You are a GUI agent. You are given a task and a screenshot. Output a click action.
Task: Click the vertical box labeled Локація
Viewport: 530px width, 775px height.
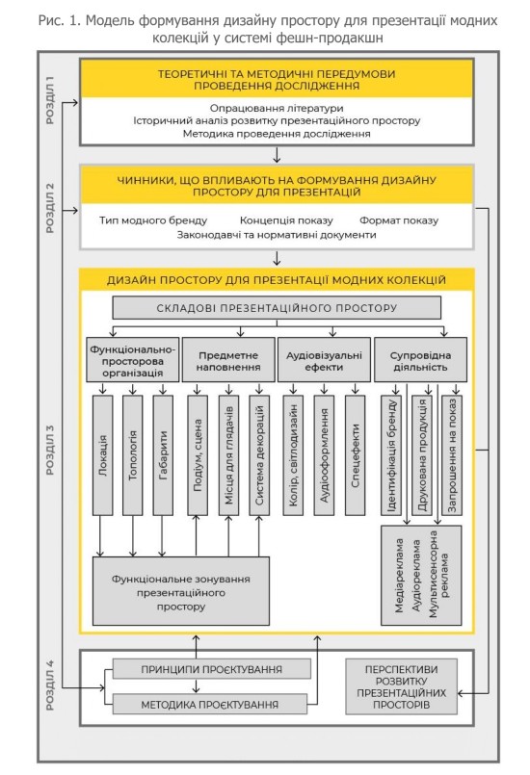tap(103, 455)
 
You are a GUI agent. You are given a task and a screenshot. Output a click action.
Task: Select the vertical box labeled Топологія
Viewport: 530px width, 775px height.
tap(133, 455)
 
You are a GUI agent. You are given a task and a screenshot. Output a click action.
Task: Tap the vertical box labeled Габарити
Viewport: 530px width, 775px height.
tap(163, 455)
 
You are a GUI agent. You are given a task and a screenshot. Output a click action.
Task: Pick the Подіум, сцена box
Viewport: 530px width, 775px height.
tap(198, 455)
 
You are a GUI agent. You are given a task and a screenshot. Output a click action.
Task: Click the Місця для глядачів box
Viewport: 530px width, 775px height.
tap(228, 455)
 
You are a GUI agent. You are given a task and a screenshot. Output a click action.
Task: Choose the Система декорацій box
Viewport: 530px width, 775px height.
tap(259, 455)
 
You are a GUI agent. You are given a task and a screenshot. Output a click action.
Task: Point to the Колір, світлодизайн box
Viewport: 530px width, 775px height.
tap(293, 455)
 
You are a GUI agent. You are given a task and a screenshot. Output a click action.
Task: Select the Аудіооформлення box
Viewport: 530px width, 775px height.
tap(324, 455)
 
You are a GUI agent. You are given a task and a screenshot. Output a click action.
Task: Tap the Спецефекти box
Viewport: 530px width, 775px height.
tap(355, 455)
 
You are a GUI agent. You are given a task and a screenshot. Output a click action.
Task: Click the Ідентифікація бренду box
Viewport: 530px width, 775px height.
tap(391, 455)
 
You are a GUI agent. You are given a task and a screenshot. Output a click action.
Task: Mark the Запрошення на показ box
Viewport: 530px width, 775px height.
tap(452, 455)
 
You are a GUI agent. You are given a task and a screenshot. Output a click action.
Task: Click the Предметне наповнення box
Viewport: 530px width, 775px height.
tap(228, 360)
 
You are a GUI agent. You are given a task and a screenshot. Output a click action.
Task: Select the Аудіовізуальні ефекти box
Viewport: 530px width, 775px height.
tap(324, 360)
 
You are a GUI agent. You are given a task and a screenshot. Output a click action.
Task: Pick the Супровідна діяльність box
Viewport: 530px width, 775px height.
tap(421, 360)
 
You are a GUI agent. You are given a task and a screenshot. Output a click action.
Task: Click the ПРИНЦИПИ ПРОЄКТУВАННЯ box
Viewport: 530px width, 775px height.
tap(212, 669)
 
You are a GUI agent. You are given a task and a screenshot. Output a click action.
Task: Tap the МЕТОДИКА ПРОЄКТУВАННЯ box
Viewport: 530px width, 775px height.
tap(210, 705)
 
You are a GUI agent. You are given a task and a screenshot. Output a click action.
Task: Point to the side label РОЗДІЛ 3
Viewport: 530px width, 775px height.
tap(50, 450)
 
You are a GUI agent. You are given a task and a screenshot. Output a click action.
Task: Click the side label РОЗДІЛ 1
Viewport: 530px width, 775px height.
tap(50, 100)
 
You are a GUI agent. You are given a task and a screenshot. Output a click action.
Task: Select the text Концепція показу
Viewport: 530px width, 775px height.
tap(286, 220)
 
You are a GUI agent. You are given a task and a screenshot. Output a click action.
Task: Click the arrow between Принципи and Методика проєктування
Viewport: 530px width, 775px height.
tap(197, 686)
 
